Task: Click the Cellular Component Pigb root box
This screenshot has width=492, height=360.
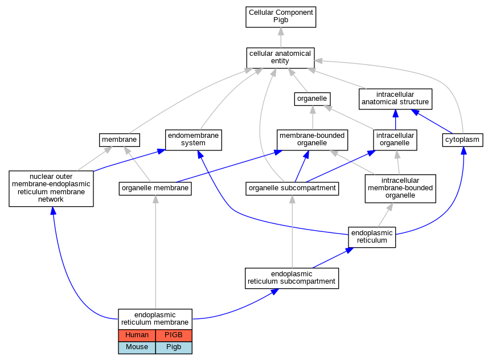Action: [x=281, y=17]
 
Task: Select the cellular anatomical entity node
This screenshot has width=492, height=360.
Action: [x=281, y=58]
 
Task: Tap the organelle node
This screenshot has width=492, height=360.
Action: [x=312, y=99]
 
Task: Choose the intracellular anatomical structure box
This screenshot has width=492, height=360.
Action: [x=395, y=99]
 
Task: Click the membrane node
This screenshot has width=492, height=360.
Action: [x=120, y=140]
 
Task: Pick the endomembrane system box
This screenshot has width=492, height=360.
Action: [x=193, y=140]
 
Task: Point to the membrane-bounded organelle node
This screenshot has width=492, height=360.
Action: [x=312, y=140]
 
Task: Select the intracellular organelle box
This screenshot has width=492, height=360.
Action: [x=395, y=140]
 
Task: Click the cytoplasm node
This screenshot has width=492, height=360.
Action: [x=462, y=140]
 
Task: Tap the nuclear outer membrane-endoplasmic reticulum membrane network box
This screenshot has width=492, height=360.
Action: [x=51, y=189]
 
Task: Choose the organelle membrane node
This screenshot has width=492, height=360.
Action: [x=155, y=189]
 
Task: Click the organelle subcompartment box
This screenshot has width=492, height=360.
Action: [x=292, y=189]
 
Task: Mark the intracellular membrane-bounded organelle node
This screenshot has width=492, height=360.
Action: [x=400, y=189]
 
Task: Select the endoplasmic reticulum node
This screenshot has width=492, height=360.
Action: [x=372, y=238]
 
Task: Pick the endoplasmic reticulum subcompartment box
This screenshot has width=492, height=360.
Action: [x=292, y=279]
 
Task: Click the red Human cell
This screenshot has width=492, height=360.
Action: [x=137, y=336]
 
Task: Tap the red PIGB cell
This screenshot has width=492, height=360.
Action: [x=174, y=336]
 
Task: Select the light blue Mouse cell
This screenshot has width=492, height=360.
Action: [x=137, y=347]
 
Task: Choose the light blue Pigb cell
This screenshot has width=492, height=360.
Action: [x=174, y=347]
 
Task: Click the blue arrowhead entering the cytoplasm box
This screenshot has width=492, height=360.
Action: [x=464, y=150]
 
